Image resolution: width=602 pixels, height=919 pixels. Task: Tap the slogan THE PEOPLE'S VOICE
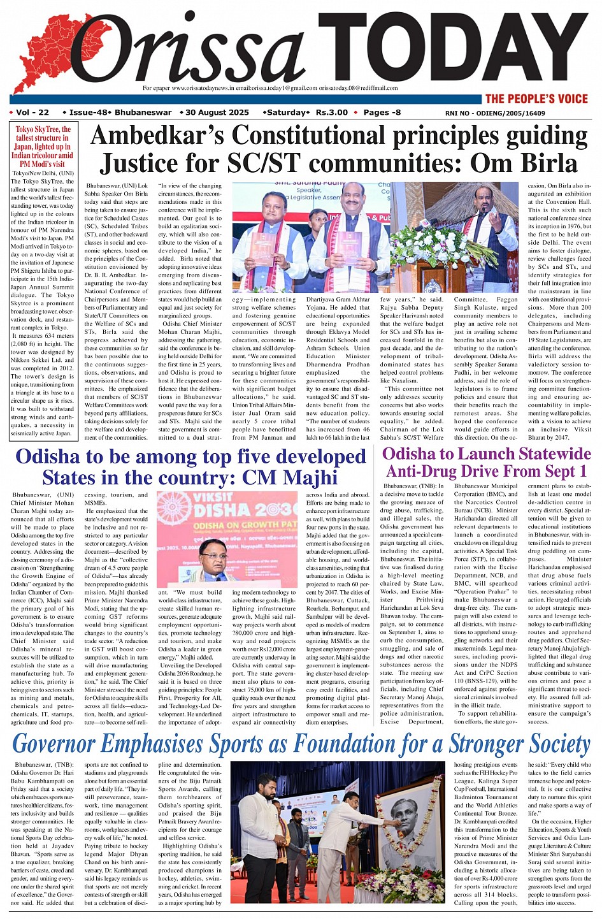pos(536,99)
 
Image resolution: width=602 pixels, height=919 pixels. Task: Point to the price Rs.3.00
pos(331,113)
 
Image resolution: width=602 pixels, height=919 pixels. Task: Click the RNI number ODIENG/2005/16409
pos(496,113)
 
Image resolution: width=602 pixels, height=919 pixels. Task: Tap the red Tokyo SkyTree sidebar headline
pos(44,147)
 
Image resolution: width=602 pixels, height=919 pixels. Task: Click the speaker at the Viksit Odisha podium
pos(215,561)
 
